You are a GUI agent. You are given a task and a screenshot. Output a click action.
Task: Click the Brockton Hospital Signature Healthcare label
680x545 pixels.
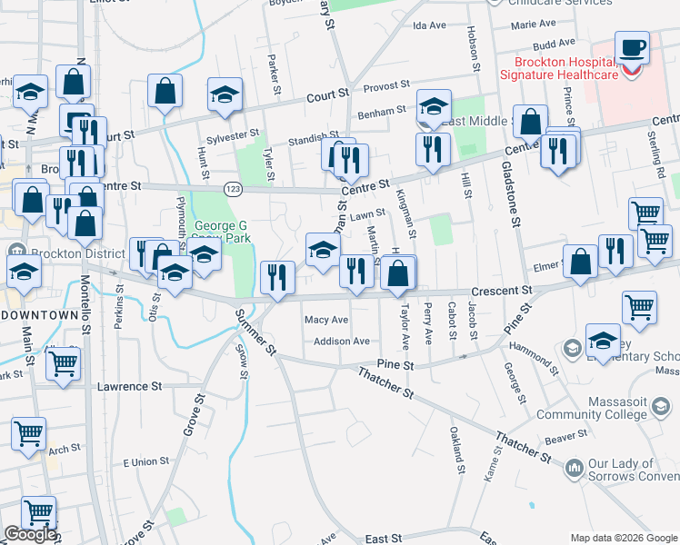[x=567, y=68]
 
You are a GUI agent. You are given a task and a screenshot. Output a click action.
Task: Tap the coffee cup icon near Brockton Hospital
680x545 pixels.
[x=632, y=47]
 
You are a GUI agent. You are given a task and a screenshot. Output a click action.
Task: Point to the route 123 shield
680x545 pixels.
[x=233, y=188]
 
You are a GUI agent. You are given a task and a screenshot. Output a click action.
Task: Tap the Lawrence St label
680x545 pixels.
[x=129, y=386]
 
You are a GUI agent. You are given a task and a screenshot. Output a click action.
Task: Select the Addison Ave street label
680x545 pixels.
[x=341, y=342]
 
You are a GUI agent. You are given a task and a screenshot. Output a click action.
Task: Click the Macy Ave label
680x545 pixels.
[x=326, y=320]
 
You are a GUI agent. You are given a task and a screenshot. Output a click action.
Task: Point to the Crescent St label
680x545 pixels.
[x=501, y=290]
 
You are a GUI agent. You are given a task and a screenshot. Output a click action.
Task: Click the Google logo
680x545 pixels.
[x=30, y=534]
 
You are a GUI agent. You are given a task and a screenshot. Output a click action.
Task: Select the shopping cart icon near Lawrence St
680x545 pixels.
[x=63, y=363]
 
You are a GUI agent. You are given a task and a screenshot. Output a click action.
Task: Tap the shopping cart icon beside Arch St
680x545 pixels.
[x=28, y=434]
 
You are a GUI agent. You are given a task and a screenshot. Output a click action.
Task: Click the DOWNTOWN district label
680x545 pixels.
[x=39, y=314]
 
